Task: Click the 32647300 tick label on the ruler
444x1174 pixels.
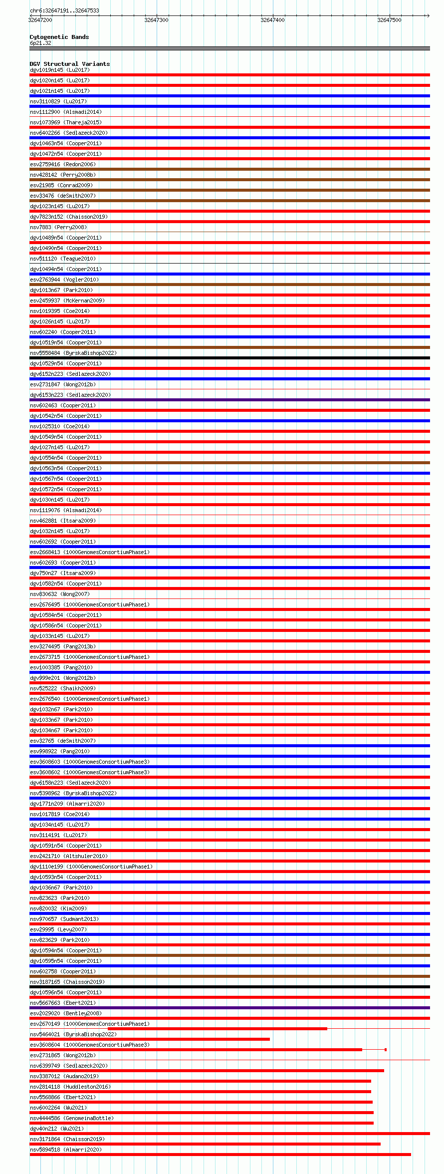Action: [x=156, y=20]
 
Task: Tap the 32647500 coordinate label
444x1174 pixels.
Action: [x=389, y=20]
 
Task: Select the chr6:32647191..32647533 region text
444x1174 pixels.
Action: [x=64, y=10]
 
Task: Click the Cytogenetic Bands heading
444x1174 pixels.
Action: [x=59, y=37]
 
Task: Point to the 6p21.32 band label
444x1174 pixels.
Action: [x=40, y=43]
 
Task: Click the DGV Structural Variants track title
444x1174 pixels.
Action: [x=69, y=64]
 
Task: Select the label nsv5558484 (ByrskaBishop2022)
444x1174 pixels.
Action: [x=73, y=353]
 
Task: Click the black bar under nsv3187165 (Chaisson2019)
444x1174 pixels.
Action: [x=229, y=987]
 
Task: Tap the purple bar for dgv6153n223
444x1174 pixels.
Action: [x=229, y=400]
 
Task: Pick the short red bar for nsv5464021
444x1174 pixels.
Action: [x=150, y=1039]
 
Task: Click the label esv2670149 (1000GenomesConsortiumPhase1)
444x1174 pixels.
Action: [x=89, y=1024]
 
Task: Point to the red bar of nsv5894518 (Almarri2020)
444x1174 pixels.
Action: [x=220, y=1155]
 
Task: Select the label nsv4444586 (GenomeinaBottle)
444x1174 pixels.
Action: [x=71, y=1118]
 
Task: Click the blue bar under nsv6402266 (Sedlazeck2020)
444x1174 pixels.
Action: [x=229, y=138]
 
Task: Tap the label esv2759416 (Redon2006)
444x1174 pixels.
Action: [x=62, y=164]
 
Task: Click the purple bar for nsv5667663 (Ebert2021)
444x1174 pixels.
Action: [x=229, y=1008]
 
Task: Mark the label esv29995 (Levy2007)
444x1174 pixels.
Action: [x=58, y=929]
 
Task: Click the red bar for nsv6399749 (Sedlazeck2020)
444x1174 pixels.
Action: [x=207, y=1071]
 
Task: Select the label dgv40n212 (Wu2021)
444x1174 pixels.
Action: [x=56, y=1129]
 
